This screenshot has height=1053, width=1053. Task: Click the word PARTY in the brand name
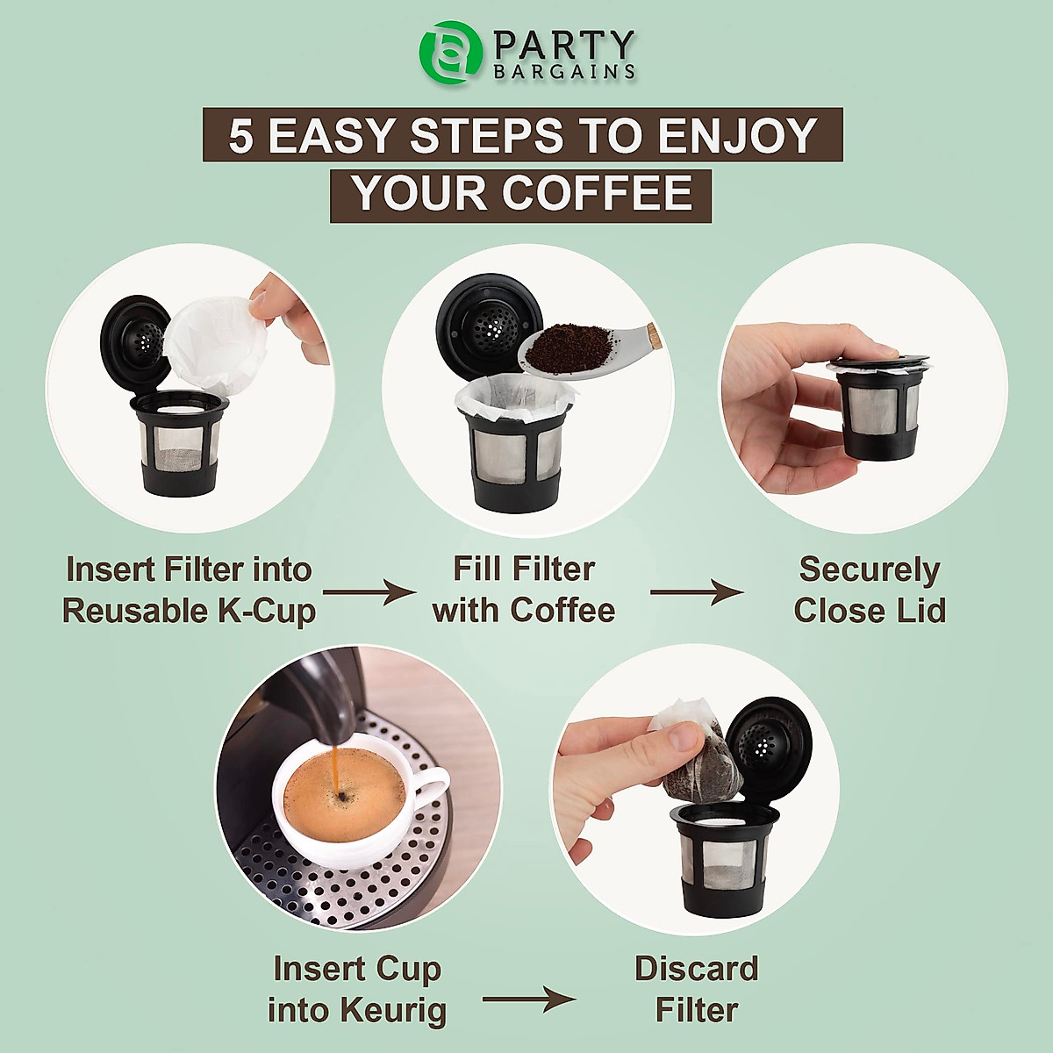point(564,45)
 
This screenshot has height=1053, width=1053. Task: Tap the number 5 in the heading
point(240,136)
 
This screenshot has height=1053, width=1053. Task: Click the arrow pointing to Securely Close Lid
point(697,593)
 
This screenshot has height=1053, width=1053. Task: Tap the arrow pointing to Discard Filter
point(529,999)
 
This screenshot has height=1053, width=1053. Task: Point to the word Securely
point(869,569)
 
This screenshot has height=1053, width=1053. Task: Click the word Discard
point(696,969)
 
